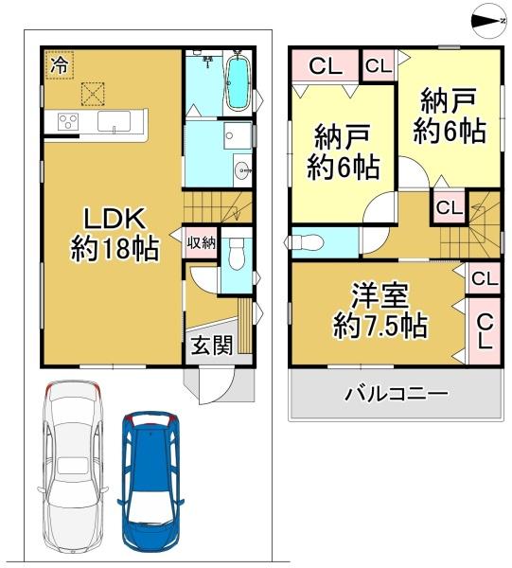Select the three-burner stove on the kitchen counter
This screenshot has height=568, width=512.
[x=69, y=120]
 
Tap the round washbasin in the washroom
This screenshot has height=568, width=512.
[x=241, y=172]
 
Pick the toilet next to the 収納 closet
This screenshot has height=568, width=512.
[x=238, y=254]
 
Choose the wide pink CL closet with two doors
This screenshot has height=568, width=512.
[x=325, y=67]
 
